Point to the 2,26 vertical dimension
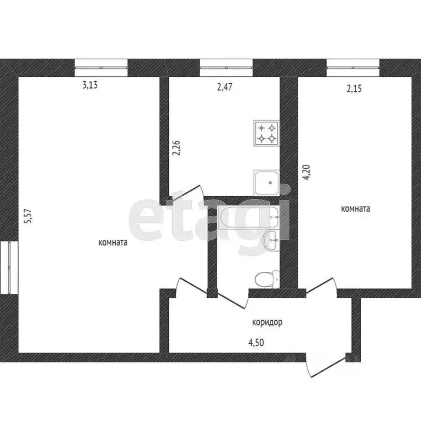pos(176,148)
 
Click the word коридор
pos(268,323)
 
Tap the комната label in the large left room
pos(113,243)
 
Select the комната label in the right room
pos(356,208)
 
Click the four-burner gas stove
pos(266,133)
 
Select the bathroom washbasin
pos(271,240)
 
